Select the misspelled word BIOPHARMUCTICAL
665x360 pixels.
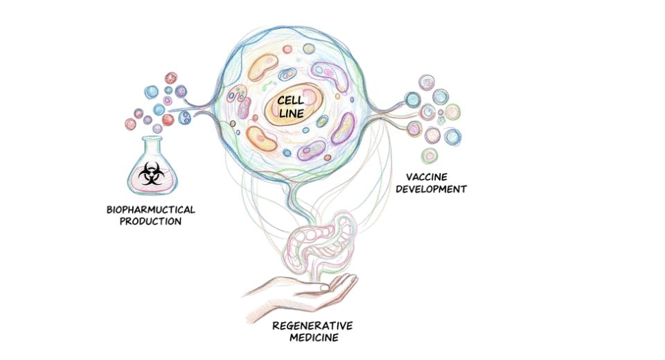pos(151,209)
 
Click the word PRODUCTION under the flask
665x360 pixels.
pos(151,222)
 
